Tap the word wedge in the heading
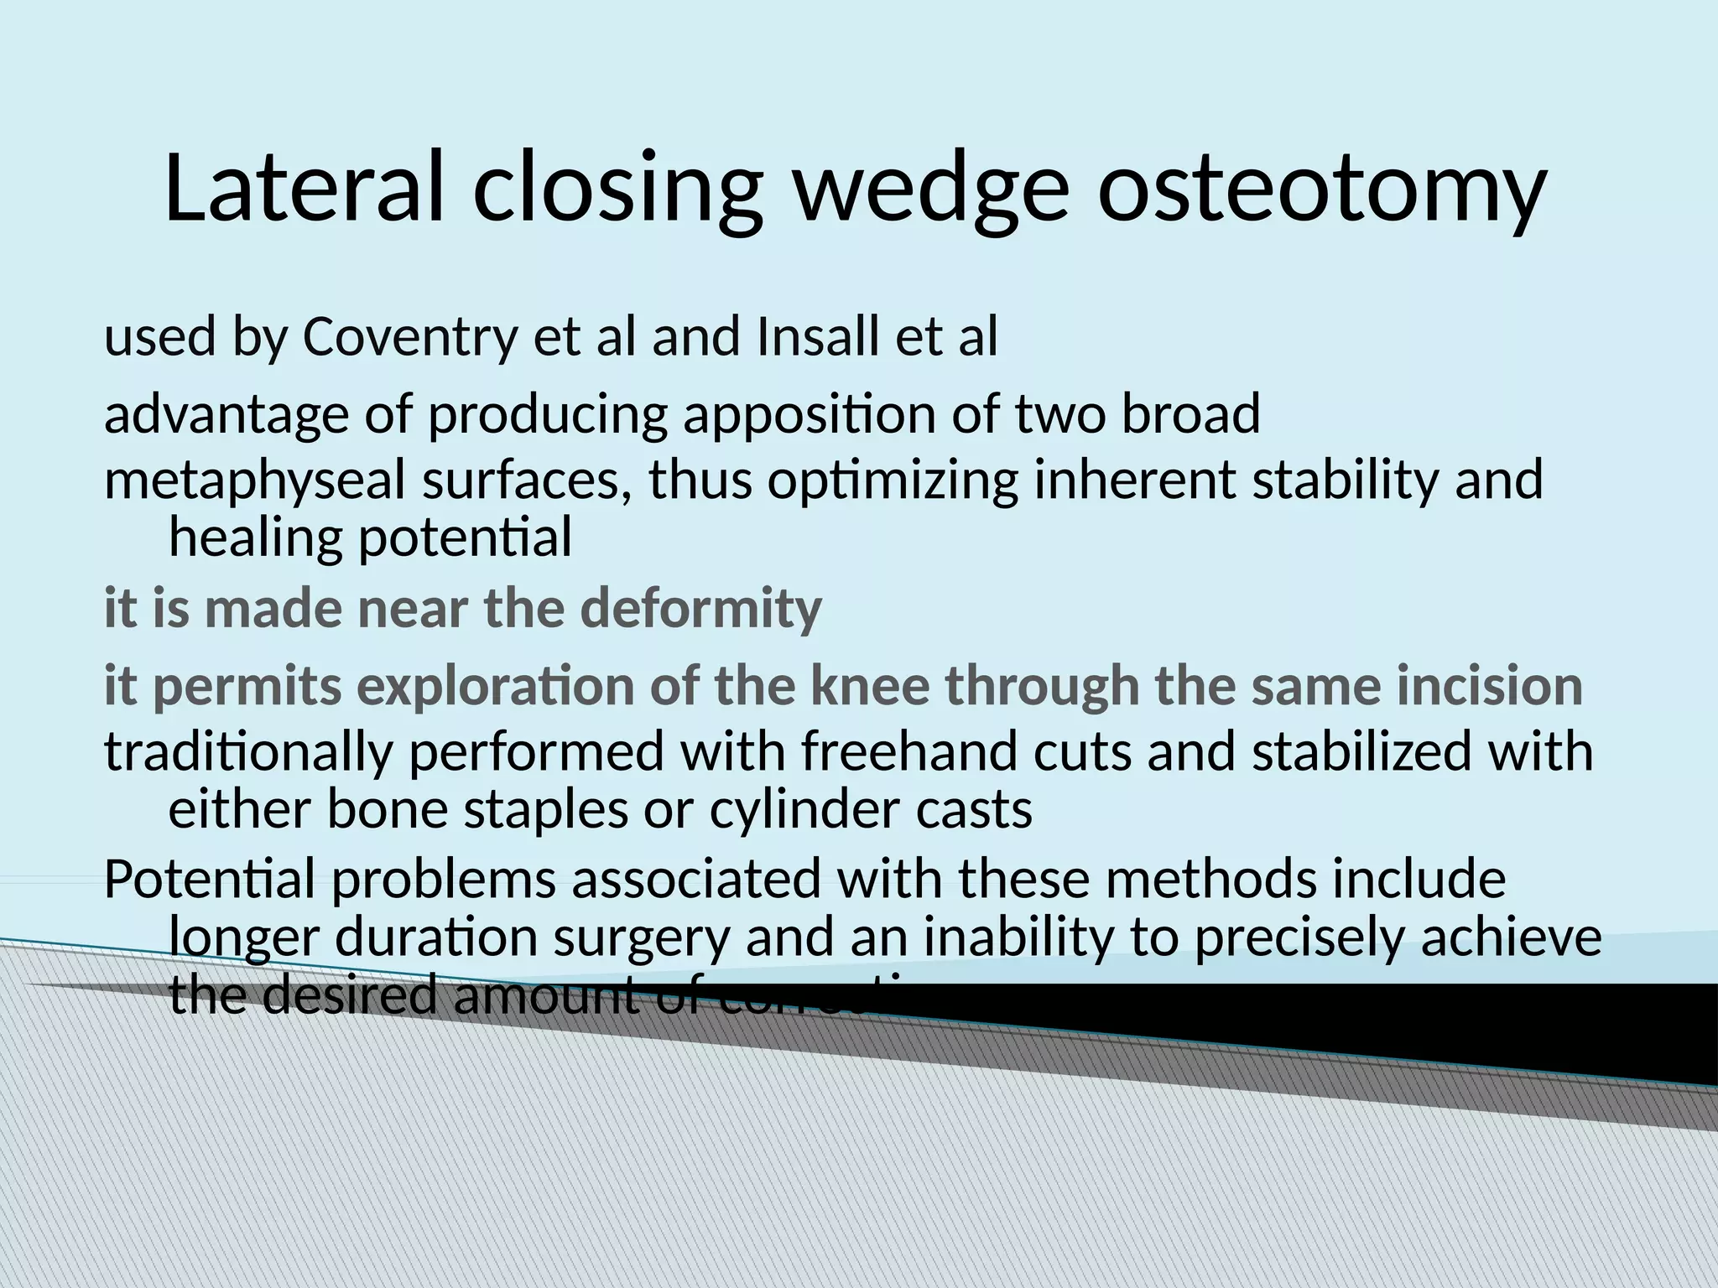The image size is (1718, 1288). [x=930, y=191]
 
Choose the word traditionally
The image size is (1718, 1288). [x=249, y=751]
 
